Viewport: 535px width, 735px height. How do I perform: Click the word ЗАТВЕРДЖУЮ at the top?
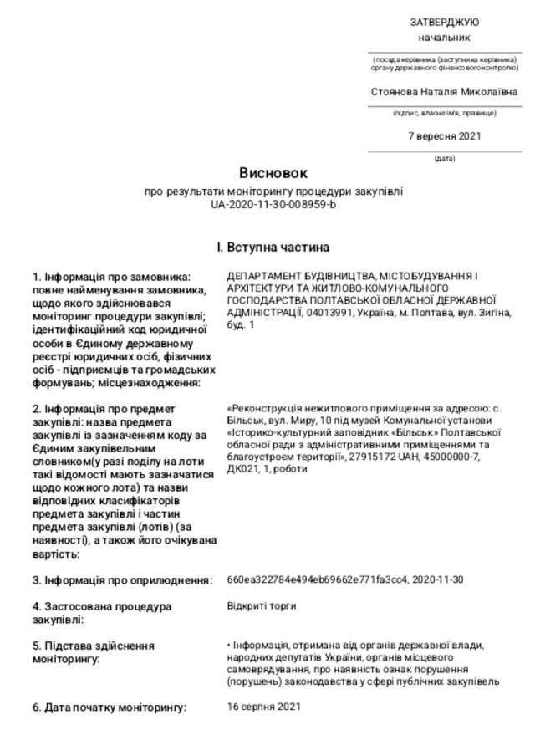click(x=444, y=22)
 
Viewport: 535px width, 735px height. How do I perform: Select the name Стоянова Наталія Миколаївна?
click(x=444, y=92)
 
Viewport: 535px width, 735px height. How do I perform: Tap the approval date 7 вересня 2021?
click(x=444, y=136)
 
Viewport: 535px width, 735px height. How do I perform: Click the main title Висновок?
click(x=273, y=174)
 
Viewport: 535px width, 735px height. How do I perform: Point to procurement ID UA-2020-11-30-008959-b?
click(x=273, y=203)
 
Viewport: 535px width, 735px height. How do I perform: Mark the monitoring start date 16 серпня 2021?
click(x=262, y=707)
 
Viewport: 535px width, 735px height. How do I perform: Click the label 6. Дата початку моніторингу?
click(x=110, y=707)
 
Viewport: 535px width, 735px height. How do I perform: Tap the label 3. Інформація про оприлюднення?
click(x=120, y=579)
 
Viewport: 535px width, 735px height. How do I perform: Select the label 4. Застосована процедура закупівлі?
click(x=102, y=612)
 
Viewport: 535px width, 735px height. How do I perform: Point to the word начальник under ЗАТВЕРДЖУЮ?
click(x=444, y=38)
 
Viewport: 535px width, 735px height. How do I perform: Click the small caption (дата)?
click(x=444, y=158)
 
